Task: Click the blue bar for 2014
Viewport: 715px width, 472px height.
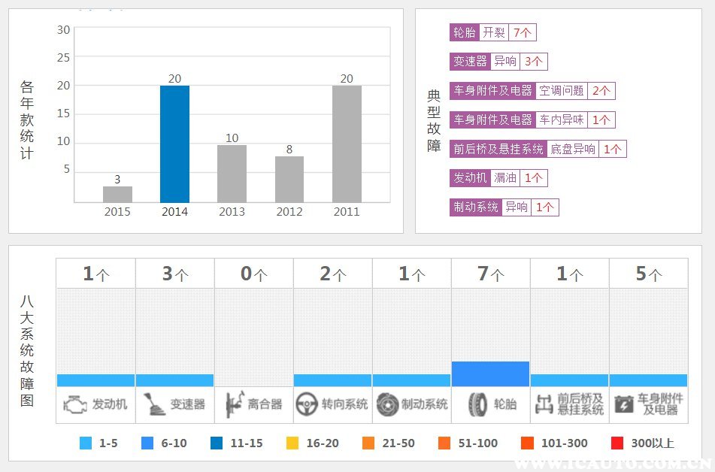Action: [174, 144]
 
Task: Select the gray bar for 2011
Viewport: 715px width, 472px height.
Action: [347, 144]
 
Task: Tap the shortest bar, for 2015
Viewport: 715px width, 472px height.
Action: [117, 194]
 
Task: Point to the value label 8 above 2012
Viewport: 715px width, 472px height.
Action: [289, 149]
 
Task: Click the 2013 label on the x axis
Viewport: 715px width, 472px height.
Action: [232, 212]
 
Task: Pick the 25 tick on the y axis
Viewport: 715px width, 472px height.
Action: [63, 57]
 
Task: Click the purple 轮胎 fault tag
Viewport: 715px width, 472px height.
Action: [464, 32]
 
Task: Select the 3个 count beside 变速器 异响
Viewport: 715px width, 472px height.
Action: [534, 62]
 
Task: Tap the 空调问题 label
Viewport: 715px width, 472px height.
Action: [562, 91]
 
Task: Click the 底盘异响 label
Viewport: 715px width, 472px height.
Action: [573, 149]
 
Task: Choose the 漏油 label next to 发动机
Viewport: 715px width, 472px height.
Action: [504, 178]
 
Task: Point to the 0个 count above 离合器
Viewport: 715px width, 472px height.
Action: [254, 274]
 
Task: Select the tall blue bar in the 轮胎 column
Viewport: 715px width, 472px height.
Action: [491, 374]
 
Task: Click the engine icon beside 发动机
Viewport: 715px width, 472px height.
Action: [75, 404]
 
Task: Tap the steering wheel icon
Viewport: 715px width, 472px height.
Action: [307, 404]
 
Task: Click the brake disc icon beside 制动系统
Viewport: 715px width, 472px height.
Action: [388, 404]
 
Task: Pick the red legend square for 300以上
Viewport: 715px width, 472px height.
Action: [617, 443]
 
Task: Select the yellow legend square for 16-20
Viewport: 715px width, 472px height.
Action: [292, 443]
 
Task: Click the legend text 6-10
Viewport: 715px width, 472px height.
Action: [174, 443]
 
